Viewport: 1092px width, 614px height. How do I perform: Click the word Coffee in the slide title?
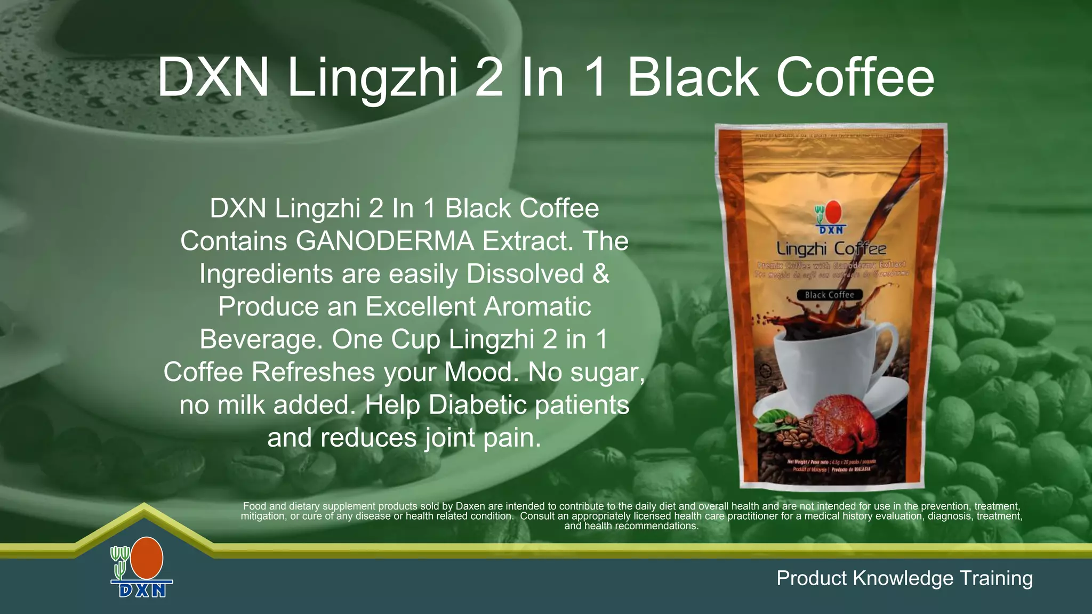[855, 78]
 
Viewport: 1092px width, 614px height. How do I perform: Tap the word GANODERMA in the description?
[384, 241]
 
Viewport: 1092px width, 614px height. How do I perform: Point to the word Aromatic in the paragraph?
[538, 306]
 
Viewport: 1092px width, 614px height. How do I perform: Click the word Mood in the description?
[480, 372]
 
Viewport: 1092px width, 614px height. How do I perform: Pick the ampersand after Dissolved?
[601, 274]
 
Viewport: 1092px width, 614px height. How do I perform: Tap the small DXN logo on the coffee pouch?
[830, 217]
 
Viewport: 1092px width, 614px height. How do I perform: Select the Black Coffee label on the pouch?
[829, 295]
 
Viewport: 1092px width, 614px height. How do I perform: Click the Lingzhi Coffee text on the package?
[831, 249]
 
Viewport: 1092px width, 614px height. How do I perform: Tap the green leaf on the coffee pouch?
[772, 418]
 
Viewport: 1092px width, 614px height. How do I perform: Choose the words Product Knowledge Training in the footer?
[904, 578]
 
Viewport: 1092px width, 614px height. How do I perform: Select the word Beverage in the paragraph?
[261, 340]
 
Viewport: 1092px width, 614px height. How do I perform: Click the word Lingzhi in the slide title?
[372, 78]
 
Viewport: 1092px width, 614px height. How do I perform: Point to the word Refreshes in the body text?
[314, 372]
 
